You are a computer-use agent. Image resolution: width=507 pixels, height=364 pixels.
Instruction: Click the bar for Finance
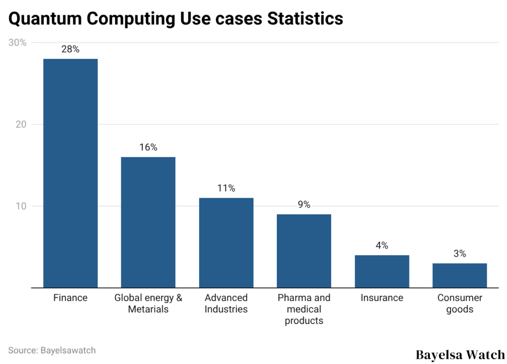point(70,173)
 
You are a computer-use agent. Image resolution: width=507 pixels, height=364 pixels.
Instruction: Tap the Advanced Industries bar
point(226,243)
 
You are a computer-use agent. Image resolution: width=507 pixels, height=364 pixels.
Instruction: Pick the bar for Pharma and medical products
point(304,251)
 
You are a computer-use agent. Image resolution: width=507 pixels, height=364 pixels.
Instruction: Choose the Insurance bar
point(382,271)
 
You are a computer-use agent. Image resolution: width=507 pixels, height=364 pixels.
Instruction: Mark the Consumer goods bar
point(459,275)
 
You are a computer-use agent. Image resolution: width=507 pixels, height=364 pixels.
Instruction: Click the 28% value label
point(70,50)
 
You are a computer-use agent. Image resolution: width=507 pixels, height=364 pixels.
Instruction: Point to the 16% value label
point(148,148)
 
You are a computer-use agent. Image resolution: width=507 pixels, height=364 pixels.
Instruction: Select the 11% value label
point(226,188)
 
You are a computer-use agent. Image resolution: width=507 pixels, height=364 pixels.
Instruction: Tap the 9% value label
point(304,205)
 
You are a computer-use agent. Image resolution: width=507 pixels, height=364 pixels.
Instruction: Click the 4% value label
point(382,246)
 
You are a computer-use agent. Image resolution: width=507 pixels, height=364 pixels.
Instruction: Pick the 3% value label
point(459,254)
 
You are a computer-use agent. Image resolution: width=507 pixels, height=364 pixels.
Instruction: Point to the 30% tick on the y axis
point(17,43)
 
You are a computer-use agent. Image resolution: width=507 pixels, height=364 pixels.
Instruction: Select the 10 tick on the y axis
point(20,207)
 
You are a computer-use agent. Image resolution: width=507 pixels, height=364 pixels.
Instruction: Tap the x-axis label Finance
point(70,298)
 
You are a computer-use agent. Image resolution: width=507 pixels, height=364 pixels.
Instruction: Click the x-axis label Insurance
point(382,298)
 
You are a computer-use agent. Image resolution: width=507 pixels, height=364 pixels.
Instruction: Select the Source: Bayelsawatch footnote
point(52,350)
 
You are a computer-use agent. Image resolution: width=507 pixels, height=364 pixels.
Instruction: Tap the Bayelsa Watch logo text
point(460,355)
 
